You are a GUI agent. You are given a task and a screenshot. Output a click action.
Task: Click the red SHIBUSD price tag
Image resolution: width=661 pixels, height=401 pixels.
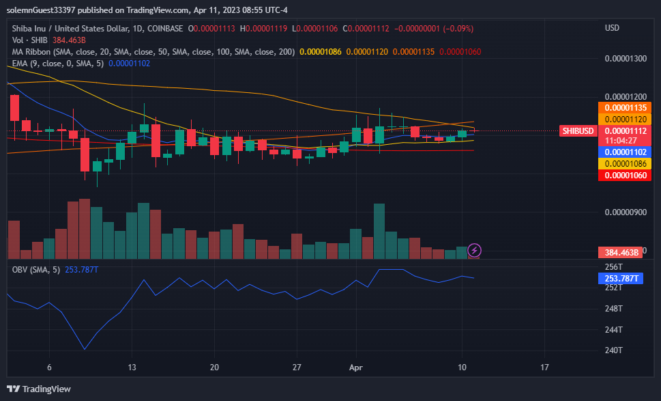click(577, 131)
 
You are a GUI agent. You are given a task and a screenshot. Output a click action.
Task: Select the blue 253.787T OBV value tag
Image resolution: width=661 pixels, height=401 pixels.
click(621, 278)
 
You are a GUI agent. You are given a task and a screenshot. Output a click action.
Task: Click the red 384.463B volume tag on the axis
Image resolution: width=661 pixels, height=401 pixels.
click(621, 252)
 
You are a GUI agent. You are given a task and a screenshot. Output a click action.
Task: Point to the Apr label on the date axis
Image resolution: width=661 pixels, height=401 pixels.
click(355, 367)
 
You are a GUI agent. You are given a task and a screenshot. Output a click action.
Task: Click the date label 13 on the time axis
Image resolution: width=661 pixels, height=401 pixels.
click(132, 367)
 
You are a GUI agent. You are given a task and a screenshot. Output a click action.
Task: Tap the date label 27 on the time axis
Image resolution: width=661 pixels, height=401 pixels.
click(297, 367)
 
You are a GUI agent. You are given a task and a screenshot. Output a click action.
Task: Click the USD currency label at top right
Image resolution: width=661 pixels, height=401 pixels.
click(612, 28)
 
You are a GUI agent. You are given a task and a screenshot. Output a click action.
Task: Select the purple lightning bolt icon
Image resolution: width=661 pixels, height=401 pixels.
click(474, 251)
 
